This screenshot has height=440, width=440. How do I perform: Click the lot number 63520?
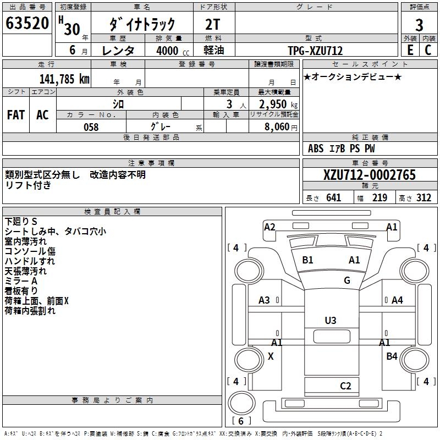click(x=27, y=24)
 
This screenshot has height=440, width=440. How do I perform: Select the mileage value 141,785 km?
click(x=64, y=79)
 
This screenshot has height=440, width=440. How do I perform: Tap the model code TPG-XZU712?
click(x=315, y=51)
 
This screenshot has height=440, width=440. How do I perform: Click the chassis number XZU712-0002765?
click(x=369, y=175)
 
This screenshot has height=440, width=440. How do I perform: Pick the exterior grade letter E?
click(x=410, y=50)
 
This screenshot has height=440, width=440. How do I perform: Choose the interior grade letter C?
click(x=428, y=50)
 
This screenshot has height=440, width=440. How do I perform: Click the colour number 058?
click(x=91, y=127)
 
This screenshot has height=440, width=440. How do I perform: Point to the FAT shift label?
click(x=16, y=114)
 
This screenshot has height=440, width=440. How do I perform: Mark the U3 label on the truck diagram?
click(x=330, y=320)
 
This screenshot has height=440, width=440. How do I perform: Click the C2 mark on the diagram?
click(x=345, y=386)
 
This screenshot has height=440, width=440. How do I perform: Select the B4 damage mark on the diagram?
click(x=392, y=356)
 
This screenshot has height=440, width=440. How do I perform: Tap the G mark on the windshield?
click(x=346, y=280)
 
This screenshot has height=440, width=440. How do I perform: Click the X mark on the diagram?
click(x=270, y=356)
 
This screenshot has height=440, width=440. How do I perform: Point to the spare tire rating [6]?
click(x=241, y=421)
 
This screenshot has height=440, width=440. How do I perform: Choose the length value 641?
click(x=333, y=198)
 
